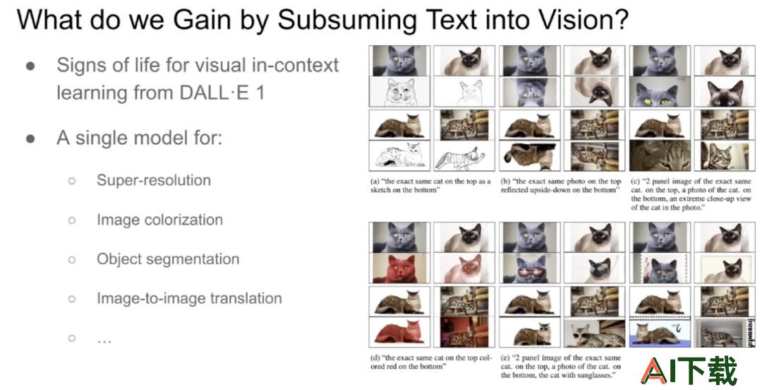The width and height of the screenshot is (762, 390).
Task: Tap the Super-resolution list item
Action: (154, 180)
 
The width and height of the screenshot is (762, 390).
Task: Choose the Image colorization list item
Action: (160, 220)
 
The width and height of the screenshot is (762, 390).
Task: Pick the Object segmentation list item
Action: (168, 259)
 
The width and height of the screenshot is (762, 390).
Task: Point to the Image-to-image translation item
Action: (190, 298)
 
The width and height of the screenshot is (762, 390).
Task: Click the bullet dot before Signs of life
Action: (30, 66)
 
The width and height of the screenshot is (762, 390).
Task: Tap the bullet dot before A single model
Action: (30, 138)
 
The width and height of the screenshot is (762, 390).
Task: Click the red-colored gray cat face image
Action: (399, 268)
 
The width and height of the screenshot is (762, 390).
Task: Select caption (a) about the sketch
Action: (430, 186)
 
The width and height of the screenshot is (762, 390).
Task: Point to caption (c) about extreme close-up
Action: (691, 194)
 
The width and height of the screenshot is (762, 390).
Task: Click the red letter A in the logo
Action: (654, 370)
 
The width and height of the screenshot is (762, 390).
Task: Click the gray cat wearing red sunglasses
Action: (530, 268)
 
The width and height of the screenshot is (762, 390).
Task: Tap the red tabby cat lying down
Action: (399, 331)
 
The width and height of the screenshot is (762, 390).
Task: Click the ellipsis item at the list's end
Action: (104, 339)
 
